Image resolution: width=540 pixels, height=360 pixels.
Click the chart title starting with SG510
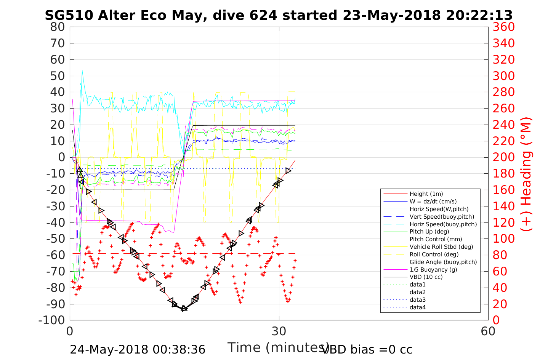pyautogui.click(x=279, y=15)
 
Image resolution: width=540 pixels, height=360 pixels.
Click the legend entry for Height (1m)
pyautogui.click(x=426, y=194)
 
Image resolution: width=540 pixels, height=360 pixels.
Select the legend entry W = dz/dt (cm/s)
pyautogui.click(x=433, y=202)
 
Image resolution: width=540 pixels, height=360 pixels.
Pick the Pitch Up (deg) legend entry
pyautogui.click(x=429, y=232)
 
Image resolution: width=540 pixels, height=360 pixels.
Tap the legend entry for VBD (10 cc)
pyautogui.click(x=426, y=277)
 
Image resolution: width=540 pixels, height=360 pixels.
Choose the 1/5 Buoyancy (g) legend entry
pyautogui.click(x=433, y=269)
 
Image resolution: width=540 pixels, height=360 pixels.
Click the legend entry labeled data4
pyautogui.click(x=418, y=307)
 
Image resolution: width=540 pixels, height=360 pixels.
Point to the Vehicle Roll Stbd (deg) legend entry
pyautogui.click(x=441, y=247)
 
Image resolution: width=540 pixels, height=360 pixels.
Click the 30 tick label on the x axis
pyautogui.click(x=279, y=331)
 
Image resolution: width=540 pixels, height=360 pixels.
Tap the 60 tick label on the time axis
pyautogui.click(x=488, y=331)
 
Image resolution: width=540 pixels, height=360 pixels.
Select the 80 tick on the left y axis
pyautogui.click(x=58, y=27)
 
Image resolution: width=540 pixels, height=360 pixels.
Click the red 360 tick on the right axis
pyautogui.click(x=503, y=27)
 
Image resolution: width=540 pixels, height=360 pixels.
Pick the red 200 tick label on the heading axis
pyautogui.click(x=503, y=157)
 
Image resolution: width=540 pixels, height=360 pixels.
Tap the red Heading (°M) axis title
pyautogui.click(x=526, y=174)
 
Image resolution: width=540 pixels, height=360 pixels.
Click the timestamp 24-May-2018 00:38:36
pyautogui.click(x=138, y=349)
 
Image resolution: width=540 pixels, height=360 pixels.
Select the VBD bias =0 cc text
pyautogui.click(x=367, y=349)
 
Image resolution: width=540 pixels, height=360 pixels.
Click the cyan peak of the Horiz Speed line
pyautogui.click(x=82, y=70)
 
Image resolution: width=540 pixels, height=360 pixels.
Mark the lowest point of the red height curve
pyautogui.click(x=184, y=309)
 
